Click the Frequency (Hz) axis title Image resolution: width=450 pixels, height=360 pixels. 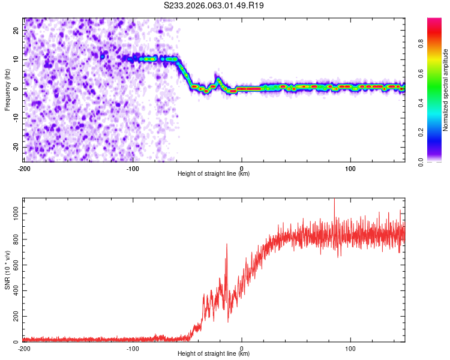tap(7, 89)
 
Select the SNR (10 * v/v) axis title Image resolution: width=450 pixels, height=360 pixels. tap(7, 271)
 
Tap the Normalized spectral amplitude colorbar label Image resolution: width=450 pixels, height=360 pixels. tap(445, 89)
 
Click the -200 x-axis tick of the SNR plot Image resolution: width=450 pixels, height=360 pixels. tap(24, 348)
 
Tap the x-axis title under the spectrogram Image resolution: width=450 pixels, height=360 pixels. tap(214, 174)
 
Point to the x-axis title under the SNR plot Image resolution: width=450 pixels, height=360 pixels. tap(214, 354)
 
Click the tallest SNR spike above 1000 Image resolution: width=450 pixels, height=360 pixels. tap(334, 201)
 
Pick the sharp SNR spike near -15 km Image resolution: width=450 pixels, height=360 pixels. tap(227, 244)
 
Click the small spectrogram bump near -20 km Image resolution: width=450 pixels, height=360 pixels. tap(218, 79)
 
